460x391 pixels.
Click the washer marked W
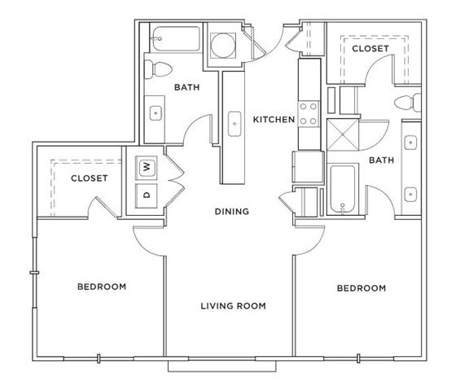click(146, 168)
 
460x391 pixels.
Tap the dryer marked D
click(146, 195)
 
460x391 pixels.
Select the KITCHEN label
click(274, 120)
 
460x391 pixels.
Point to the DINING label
click(232, 211)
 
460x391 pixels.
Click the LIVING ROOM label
click(233, 305)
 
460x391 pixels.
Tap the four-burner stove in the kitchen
click(309, 114)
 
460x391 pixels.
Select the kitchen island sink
click(234, 124)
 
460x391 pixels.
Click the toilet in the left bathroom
click(158, 69)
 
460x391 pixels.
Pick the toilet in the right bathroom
click(408, 103)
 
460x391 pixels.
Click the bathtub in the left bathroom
click(175, 39)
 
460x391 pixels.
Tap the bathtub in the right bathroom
click(343, 189)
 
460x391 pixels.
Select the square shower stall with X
click(343, 134)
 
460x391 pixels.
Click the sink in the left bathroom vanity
click(156, 113)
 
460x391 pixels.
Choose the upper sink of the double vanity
click(410, 143)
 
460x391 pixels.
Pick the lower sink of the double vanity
click(410, 195)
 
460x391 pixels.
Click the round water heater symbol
click(223, 45)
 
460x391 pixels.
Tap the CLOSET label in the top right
click(370, 48)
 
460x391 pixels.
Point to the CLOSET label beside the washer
click(90, 178)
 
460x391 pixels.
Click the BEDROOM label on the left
click(102, 287)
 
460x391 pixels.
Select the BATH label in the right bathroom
click(381, 160)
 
